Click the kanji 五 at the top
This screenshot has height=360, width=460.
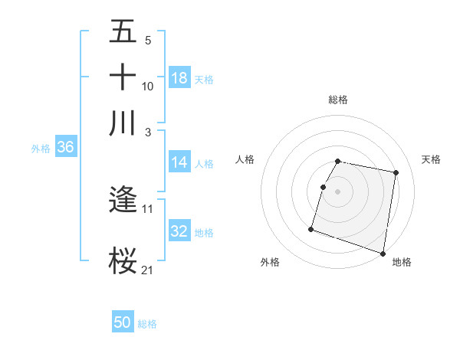tap(123, 32)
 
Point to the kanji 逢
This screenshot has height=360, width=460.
tap(123, 201)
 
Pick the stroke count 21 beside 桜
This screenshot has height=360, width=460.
tap(147, 269)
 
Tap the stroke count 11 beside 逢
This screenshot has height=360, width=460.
tap(147, 208)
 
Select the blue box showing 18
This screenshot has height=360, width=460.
tap(179, 77)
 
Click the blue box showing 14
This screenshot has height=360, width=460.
tap(179, 162)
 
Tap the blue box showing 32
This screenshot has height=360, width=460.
tap(179, 231)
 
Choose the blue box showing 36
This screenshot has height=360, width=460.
tap(65, 148)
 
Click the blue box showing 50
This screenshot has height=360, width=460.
tap(123, 322)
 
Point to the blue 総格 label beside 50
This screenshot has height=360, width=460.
tap(147, 324)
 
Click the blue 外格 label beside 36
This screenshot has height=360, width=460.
tap(40, 149)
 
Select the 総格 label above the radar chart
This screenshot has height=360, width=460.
tap(337, 100)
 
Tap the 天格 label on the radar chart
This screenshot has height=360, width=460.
tap(431, 159)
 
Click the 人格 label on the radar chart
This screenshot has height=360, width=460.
tap(245, 159)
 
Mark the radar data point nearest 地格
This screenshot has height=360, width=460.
tap(383, 253)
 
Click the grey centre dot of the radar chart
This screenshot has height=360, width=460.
tap(337, 191)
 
